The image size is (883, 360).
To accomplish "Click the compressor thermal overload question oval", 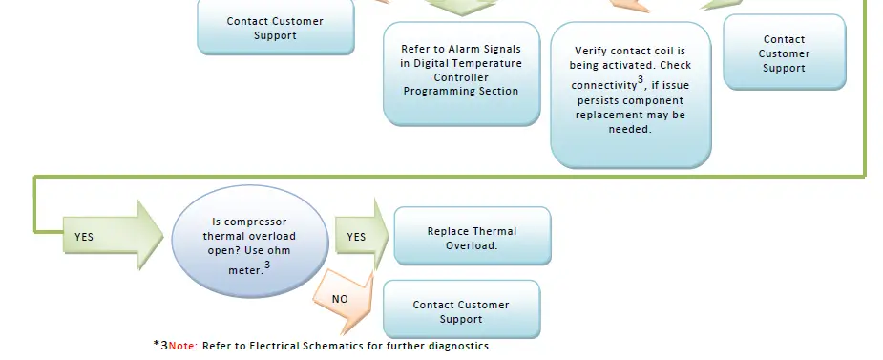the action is pyautogui.click(x=249, y=241).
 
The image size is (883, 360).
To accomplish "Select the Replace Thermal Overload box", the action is pyautogui.click(x=473, y=236).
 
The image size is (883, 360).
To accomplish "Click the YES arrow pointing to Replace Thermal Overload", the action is pyautogui.click(x=362, y=236).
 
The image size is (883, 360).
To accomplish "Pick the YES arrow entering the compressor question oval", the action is pyautogui.click(x=113, y=236).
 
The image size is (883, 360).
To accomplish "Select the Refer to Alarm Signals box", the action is pyautogui.click(x=461, y=74).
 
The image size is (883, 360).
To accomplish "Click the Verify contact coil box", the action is pyautogui.click(x=631, y=95).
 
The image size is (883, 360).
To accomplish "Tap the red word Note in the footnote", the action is pyautogui.click(x=182, y=346).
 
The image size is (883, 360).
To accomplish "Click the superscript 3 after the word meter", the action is pyautogui.click(x=267, y=264).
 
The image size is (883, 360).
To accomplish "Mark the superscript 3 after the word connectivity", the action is pyautogui.click(x=641, y=79).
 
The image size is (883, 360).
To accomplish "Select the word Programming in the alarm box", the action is pyautogui.click(x=434, y=92).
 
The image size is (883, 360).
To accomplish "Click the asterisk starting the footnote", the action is pyautogui.click(x=157, y=344).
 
